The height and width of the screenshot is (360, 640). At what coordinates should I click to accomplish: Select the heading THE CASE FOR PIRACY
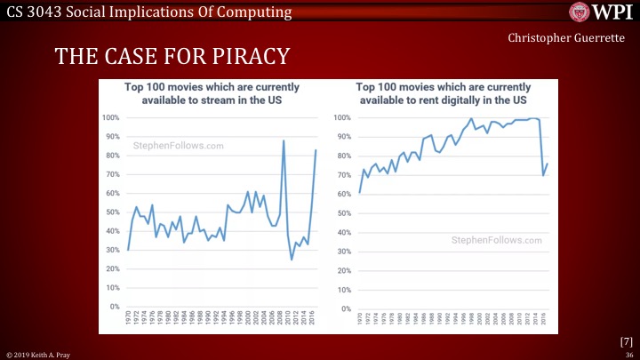[x=172, y=57]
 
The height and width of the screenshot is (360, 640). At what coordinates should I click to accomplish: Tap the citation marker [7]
[x=625, y=341]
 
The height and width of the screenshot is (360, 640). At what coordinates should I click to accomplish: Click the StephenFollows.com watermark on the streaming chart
[x=178, y=146]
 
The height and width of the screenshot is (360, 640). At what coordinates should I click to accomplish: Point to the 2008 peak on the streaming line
[x=284, y=140]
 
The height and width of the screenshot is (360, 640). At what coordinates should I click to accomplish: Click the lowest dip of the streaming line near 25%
[x=292, y=260]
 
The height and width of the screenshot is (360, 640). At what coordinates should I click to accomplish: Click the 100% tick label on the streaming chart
[x=113, y=118]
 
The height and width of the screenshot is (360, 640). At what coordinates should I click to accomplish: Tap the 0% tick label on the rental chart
[x=342, y=307]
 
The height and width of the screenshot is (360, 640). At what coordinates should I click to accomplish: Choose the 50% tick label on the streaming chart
[x=114, y=212]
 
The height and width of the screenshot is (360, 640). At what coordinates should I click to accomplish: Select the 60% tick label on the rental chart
[x=341, y=194]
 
